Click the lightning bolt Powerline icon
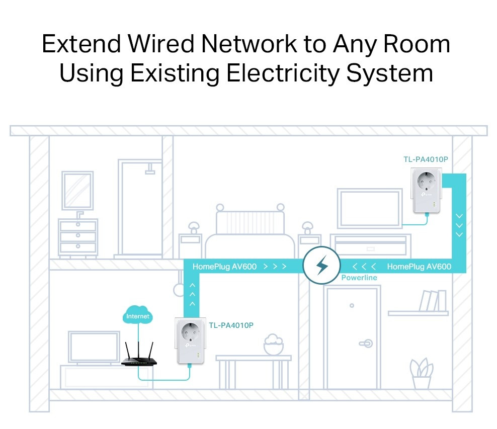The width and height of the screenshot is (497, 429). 322,266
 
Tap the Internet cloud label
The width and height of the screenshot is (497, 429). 138,316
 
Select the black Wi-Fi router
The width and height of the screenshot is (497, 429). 139,358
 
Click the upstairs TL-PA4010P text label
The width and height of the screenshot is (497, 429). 426,159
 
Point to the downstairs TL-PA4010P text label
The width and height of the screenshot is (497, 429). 231,325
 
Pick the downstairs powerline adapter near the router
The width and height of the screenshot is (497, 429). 190,341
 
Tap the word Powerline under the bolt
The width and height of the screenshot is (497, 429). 359,278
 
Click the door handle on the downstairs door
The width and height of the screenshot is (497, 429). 366,344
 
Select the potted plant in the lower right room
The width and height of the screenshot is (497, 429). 421,373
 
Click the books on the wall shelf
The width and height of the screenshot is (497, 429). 432,301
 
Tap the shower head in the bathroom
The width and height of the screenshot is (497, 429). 150,171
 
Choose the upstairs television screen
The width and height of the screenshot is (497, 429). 370,208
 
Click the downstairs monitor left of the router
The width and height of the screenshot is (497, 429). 94,347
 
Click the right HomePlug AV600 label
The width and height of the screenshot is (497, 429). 419,267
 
